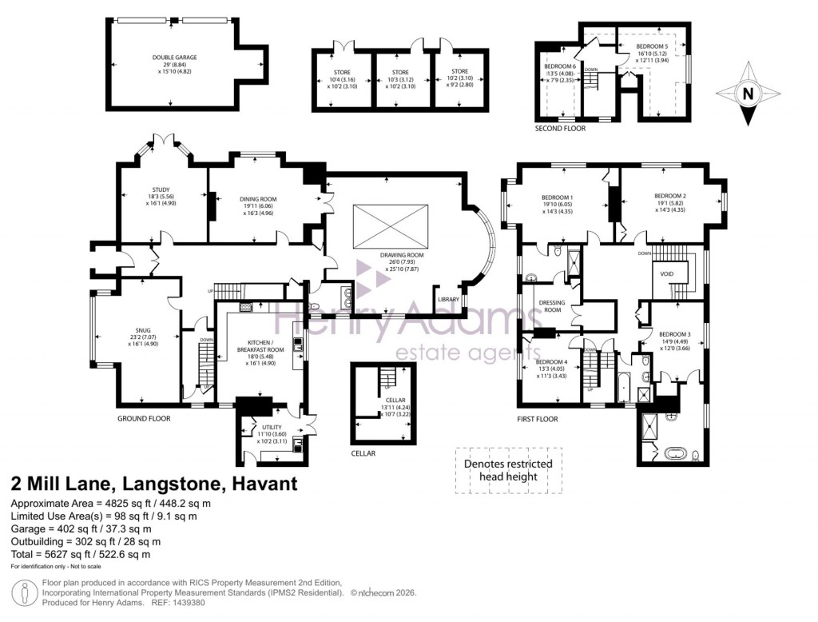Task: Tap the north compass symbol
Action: (748, 94)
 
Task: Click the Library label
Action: (448, 300)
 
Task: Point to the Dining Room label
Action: (256, 206)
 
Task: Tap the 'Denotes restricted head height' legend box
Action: (503, 470)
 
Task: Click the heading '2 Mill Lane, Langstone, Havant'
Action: (153, 484)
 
